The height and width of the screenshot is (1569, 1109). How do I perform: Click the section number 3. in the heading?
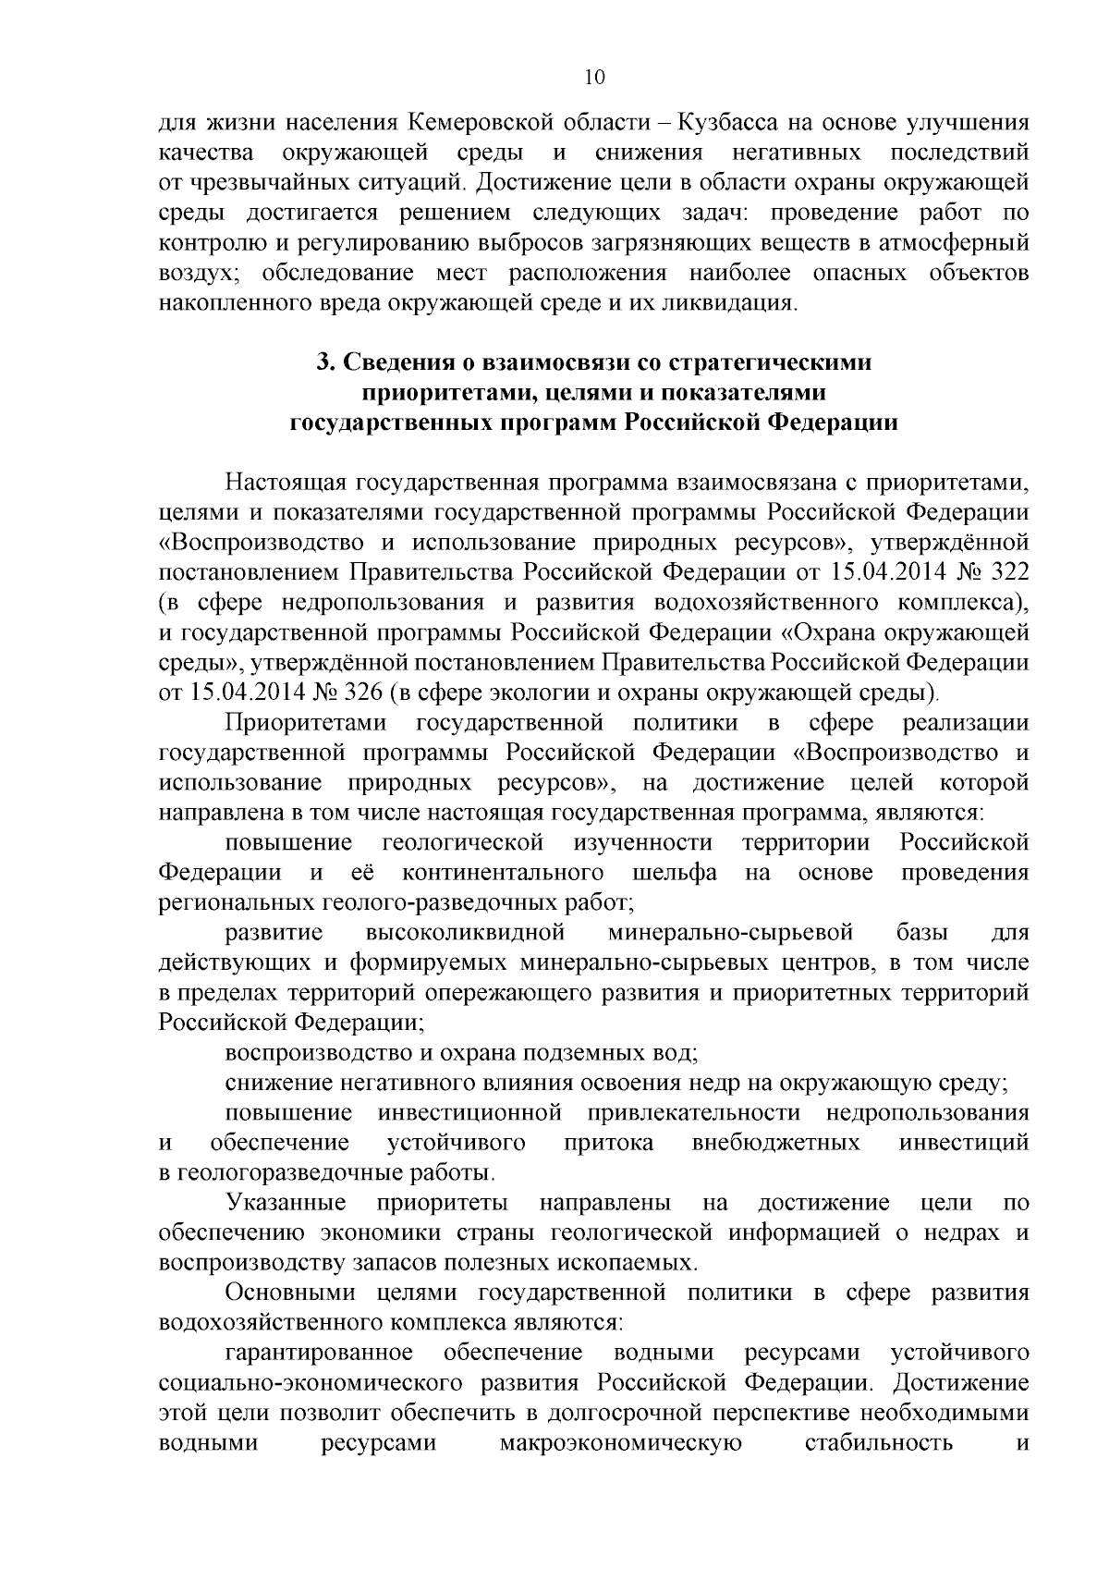click(x=324, y=362)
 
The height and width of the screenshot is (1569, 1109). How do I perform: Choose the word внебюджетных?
click(x=776, y=1143)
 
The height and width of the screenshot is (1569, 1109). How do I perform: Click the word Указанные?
click(x=286, y=1203)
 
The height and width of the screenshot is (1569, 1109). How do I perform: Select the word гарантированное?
click(x=319, y=1354)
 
